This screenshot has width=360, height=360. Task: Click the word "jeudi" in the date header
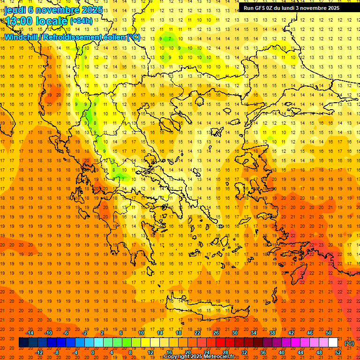(15, 10)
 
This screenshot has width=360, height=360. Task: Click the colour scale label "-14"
(30, 333)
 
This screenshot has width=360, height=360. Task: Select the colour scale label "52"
(338, 352)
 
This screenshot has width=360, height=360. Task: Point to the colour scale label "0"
(93, 352)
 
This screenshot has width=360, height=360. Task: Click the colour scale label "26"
(216, 333)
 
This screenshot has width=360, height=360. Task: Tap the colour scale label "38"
(272, 333)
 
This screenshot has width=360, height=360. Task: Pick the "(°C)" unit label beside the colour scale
(349, 343)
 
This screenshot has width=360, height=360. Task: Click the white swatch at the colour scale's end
(333, 343)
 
